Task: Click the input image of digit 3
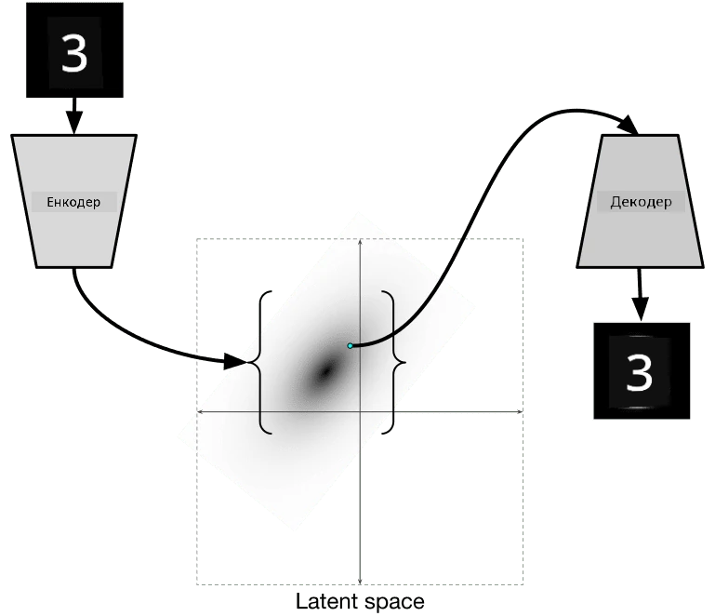pos(74,49)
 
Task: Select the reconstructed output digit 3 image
pos(642,370)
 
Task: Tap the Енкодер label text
pos(73,202)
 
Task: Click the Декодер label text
pos(641,202)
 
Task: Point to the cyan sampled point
pos(351,346)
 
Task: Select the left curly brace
pos(260,362)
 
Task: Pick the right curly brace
pos(393,362)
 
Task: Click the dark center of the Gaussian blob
pos(325,371)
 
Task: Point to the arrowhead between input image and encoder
pos(74,122)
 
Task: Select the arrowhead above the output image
pos(641,308)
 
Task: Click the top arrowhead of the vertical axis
pos(360,242)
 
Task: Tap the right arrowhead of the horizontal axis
pos(520,411)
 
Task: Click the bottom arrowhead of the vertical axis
pos(360,581)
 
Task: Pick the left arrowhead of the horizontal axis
pos(200,411)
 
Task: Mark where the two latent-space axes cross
pos(360,411)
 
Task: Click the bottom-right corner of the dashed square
pos(523,584)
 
